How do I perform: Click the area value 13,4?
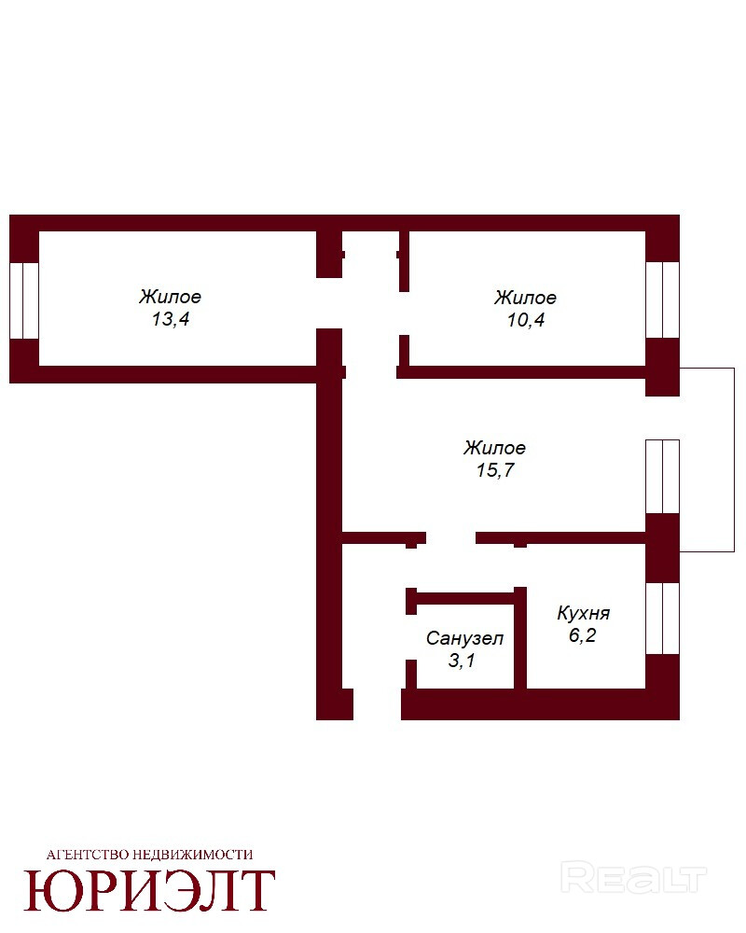(170, 319)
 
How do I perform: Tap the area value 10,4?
(526, 320)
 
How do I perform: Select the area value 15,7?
(495, 470)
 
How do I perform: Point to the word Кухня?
(584, 614)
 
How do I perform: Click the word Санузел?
(464, 638)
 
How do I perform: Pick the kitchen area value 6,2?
(583, 635)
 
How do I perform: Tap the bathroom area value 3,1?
(462, 661)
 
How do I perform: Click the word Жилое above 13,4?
(170, 297)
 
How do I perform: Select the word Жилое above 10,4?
(525, 297)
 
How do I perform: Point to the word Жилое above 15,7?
(494, 448)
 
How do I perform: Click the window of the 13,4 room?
(24, 301)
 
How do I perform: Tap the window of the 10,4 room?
(663, 299)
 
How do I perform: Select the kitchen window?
(663, 619)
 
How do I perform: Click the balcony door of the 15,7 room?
(663, 477)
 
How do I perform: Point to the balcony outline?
(734, 460)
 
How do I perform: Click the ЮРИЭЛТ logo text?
(149, 890)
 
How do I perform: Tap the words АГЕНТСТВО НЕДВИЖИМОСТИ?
(149, 855)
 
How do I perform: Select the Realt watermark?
(633, 878)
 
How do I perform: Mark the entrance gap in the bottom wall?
(377, 704)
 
